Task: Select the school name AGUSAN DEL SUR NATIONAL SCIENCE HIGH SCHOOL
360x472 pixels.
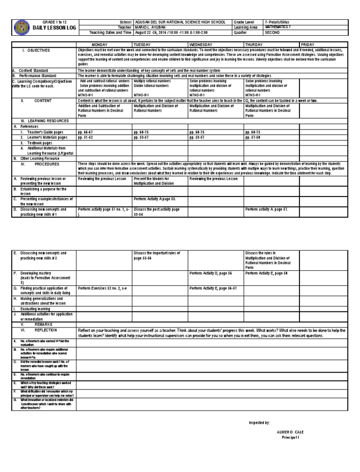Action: [x=180, y=22]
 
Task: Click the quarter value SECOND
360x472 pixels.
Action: [x=273, y=32]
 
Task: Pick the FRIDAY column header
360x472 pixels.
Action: [x=315, y=44]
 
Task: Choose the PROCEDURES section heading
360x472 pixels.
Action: [x=46, y=165]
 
